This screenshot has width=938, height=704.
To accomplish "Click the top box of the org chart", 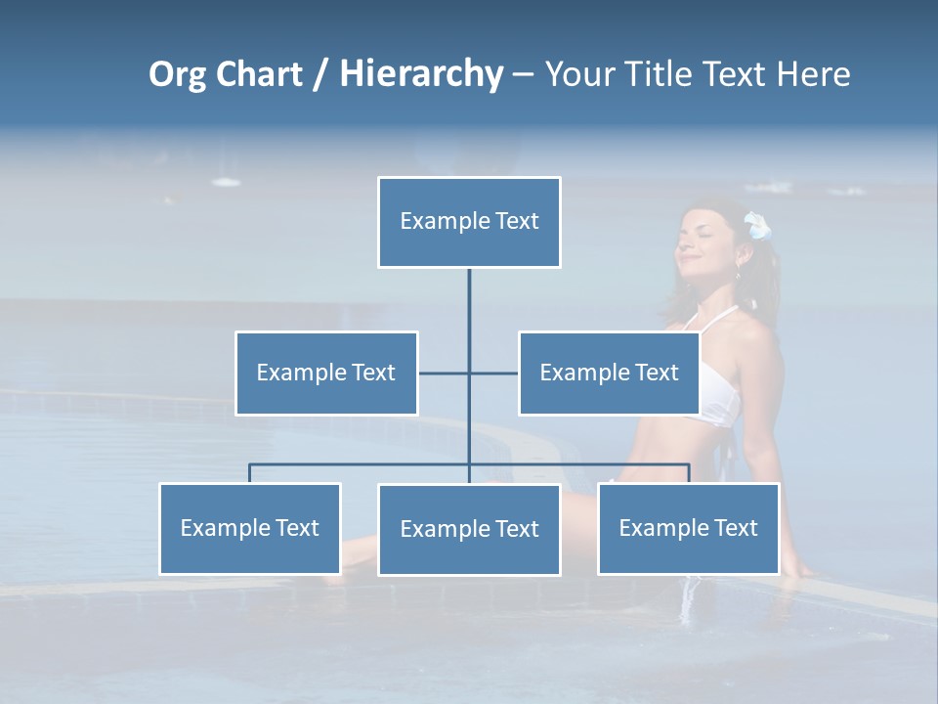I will click(x=469, y=222).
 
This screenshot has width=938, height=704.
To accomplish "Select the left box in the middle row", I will click(x=326, y=373).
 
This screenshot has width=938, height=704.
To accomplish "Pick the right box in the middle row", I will click(x=609, y=373).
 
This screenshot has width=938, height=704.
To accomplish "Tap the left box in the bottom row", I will click(x=250, y=528).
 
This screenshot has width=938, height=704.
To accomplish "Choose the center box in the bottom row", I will click(x=469, y=529).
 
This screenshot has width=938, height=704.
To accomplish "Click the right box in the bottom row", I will click(x=688, y=528).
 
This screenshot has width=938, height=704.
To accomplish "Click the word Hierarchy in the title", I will click(x=421, y=74).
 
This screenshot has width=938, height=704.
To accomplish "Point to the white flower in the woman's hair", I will click(x=757, y=226).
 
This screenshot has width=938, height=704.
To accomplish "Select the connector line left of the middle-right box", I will click(x=494, y=373).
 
